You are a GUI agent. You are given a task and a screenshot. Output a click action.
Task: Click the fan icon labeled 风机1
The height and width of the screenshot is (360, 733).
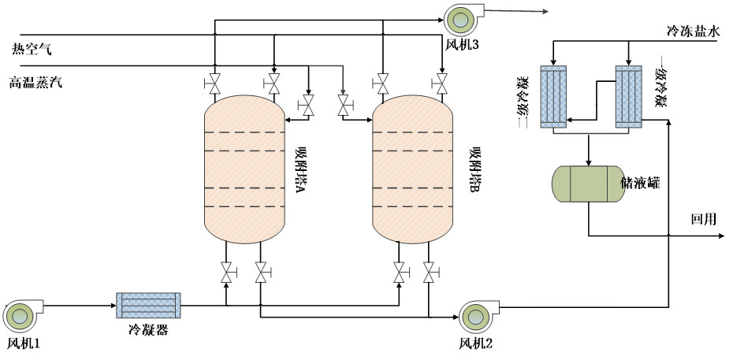pyautogui.click(x=20, y=316)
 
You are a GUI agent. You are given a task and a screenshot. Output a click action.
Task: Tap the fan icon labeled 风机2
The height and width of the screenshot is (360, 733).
pyautogui.click(x=475, y=316)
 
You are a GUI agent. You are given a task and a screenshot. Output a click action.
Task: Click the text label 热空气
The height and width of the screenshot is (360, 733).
pyautogui.click(x=31, y=50)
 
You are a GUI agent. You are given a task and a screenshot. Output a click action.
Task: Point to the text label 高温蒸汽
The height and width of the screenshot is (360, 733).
pyautogui.click(x=35, y=82)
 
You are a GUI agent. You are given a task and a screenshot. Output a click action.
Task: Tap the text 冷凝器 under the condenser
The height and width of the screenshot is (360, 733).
pyautogui.click(x=148, y=329)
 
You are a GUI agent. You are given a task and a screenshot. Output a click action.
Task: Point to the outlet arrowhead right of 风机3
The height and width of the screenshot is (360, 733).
pyautogui.click(x=544, y=12)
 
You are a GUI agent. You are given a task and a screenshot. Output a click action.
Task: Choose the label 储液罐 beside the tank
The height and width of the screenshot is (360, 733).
pyautogui.click(x=640, y=184)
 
